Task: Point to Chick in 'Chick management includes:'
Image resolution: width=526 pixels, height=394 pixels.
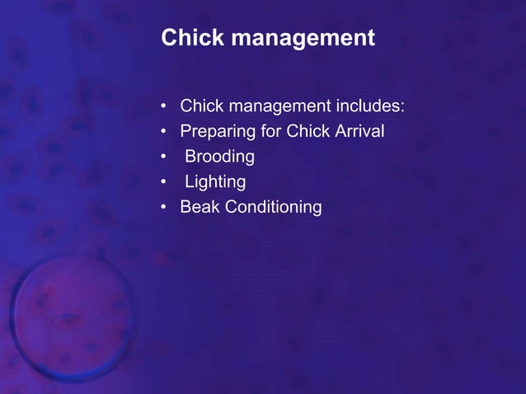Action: coord(201,106)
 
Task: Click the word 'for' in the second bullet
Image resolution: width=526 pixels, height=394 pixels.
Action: coord(270,131)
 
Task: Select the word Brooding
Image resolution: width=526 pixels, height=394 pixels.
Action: coord(219,157)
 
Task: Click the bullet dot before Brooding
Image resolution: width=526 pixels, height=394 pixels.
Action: coord(165,157)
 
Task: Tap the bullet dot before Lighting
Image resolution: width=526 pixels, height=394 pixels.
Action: coord(165,181)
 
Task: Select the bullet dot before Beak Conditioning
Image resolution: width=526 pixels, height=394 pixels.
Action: coord(165,207)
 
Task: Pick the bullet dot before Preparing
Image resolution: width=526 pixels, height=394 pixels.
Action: coord(165,132)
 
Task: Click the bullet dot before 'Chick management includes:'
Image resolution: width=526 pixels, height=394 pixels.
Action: coord(165,106)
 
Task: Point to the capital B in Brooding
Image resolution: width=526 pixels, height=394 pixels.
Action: coord(190,156)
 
